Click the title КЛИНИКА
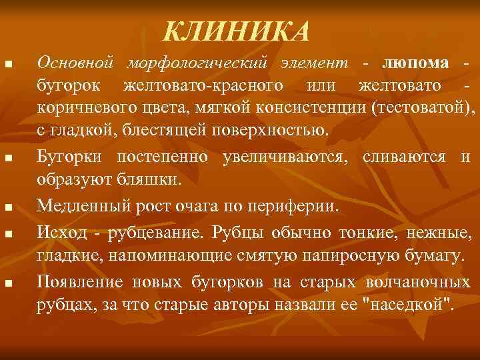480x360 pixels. pos(237,30)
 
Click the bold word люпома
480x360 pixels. pos(410,63)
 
